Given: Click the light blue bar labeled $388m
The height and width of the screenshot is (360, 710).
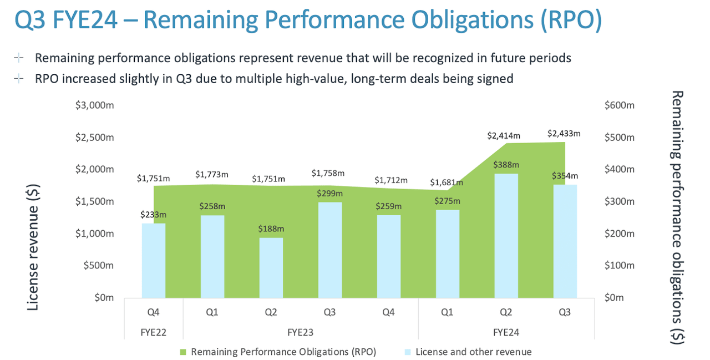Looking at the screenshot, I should pyautogui.click(x=506, y=236).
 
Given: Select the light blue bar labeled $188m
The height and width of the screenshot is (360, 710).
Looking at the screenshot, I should pyautogui.click(x=271, y=267).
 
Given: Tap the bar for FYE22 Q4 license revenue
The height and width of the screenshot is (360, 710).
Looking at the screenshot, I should pyautogui.click(x=154, y=260).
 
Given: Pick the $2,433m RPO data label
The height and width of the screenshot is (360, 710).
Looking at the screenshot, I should pyautogui.click(x=564, y=134).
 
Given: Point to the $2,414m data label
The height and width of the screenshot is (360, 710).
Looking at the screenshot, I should pyautogui.click(x=504, y=135).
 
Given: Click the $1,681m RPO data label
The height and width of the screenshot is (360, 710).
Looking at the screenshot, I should pyautogui.click(x=448, y=182).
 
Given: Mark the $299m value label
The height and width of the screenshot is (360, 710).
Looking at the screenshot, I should pyautogui.click(x=329, y=194).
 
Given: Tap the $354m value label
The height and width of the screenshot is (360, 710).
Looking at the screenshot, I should pyautogui.click(x=565, y=176).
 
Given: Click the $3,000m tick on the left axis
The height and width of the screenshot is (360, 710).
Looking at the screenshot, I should pyautogui.click(x=95, y=105).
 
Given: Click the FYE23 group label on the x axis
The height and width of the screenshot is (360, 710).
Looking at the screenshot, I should pyautogui.click(x=300, y=332).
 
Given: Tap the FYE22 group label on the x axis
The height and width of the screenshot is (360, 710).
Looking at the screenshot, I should pyautogui.click(x=154, y=332).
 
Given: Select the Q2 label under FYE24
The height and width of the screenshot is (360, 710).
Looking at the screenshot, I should pyautogui.click(x=506, y=312).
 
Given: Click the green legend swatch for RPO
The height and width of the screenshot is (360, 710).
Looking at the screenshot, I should pyautogui.click(x=184, y=352).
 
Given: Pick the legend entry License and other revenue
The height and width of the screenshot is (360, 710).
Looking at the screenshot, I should pyautogui.click(x=473, y=352).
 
